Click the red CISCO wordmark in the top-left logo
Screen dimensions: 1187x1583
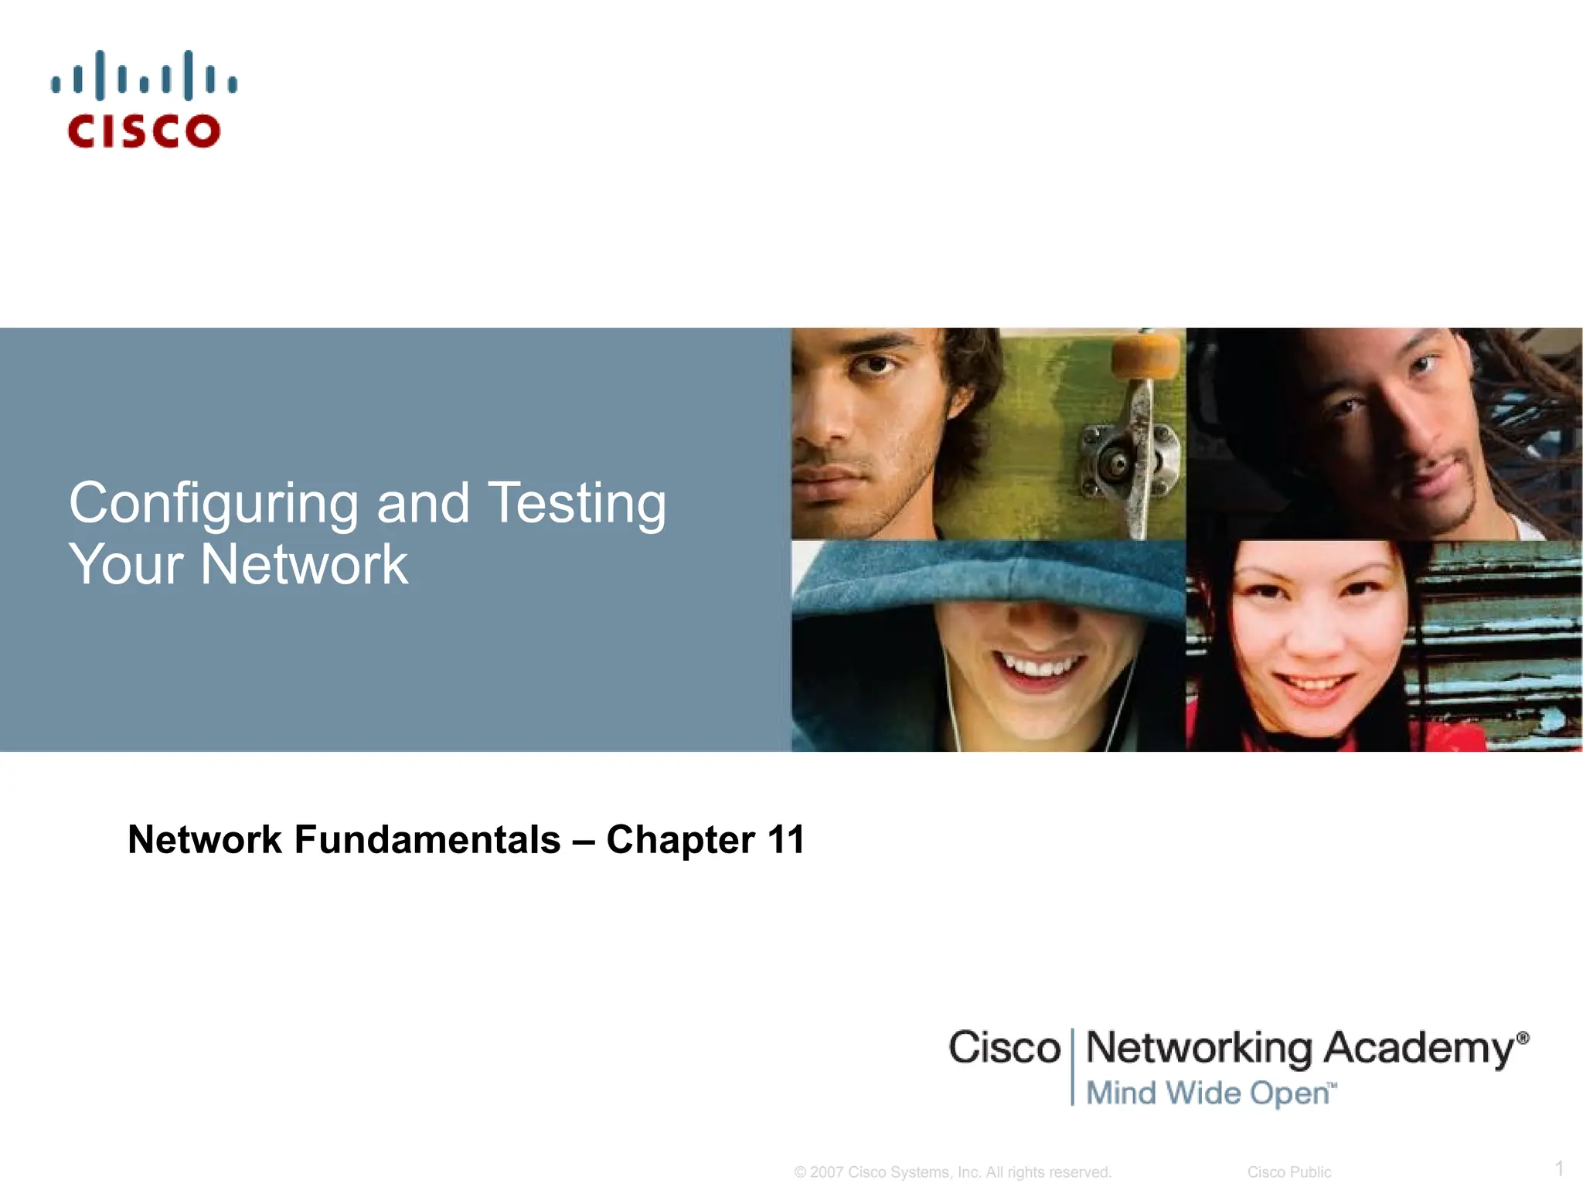[144, 131]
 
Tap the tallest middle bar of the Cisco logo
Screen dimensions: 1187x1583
[100, 76]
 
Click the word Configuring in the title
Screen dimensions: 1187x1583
[213, 504]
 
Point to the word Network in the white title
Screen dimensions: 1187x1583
[304, 564]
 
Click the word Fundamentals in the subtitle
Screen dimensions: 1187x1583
[427, 839]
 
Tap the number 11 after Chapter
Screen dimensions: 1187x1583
[786, 839]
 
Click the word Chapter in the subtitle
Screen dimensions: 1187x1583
[680, 841]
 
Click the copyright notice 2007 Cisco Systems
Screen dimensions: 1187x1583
[952, 1172]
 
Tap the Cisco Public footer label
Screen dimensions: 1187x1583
[1289, 1172]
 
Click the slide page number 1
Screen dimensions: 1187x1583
[1559, 1168]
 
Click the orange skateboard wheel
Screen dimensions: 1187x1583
[1146, 356]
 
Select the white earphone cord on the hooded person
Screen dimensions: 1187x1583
[951, 696]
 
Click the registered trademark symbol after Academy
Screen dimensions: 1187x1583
[1522, 1038]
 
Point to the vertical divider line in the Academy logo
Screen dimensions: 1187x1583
[1073, 1066]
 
